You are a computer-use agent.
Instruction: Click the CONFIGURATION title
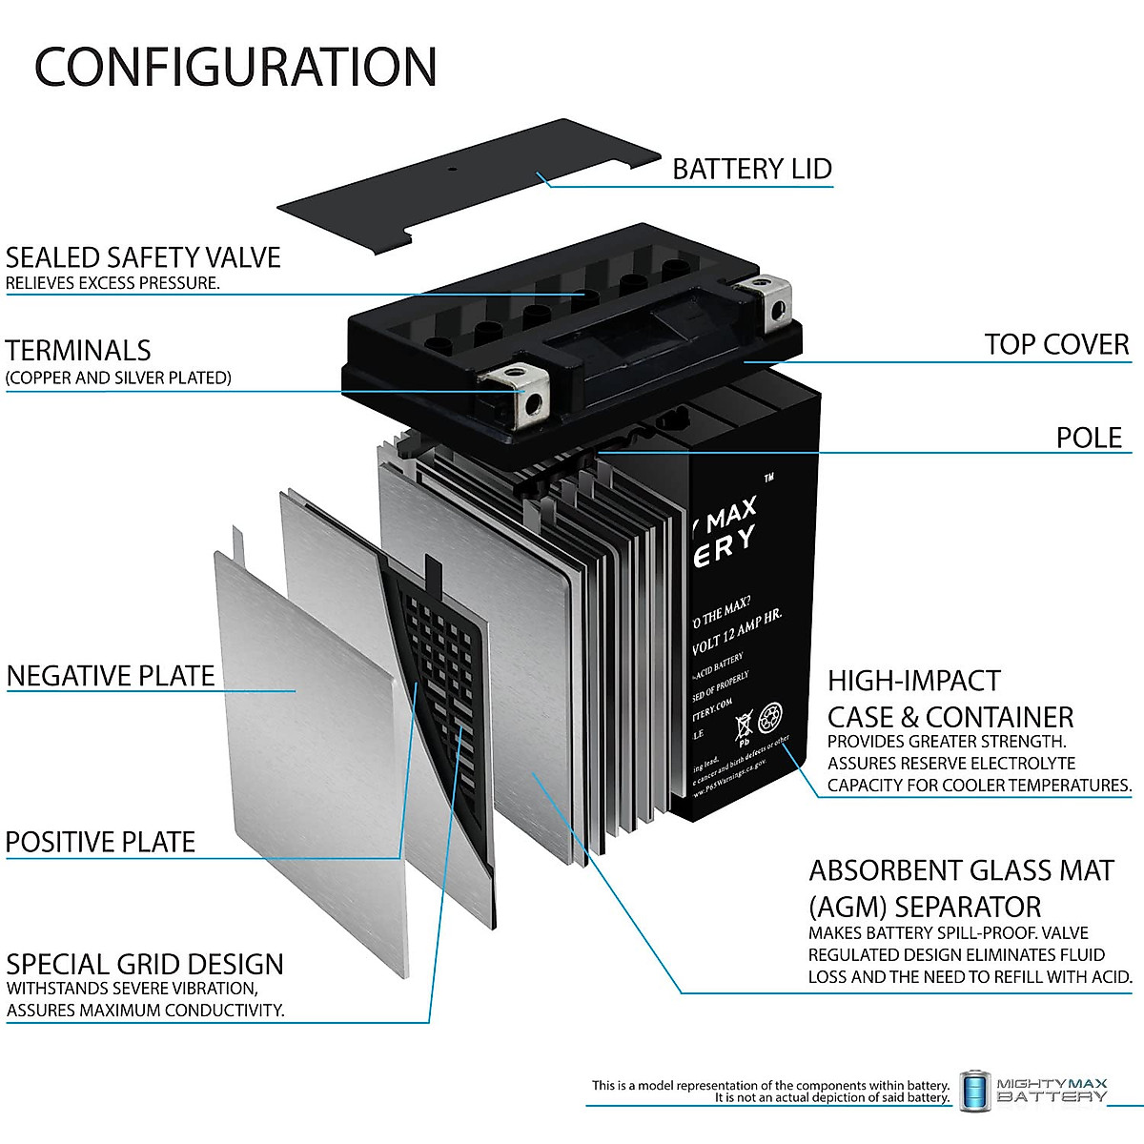coord(235,67)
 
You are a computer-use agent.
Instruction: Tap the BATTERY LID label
coord(751,169)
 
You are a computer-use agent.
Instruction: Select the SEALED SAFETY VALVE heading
coord(143,257)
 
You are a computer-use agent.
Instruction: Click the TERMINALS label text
coord(78,350)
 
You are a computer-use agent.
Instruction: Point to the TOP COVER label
coord(1056,344)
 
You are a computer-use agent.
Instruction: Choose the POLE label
coord(1089,438)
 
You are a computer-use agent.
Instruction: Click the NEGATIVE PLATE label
coord(111,676)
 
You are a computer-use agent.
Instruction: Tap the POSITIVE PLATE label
coord(100,842)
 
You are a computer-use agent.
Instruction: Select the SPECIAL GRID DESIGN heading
coord(145,964)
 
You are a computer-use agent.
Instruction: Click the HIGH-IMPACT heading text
coord(913,681)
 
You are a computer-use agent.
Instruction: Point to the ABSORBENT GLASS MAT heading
coord(961,870)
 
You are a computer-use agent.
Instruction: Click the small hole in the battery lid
coord(452,170)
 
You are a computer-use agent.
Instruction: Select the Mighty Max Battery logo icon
coord(974,1091)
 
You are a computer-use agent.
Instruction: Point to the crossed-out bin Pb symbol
coord(744,726)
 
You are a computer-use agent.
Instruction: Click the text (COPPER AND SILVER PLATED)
coord(118,378)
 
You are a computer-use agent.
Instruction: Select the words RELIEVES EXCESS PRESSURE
coord(112,283)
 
